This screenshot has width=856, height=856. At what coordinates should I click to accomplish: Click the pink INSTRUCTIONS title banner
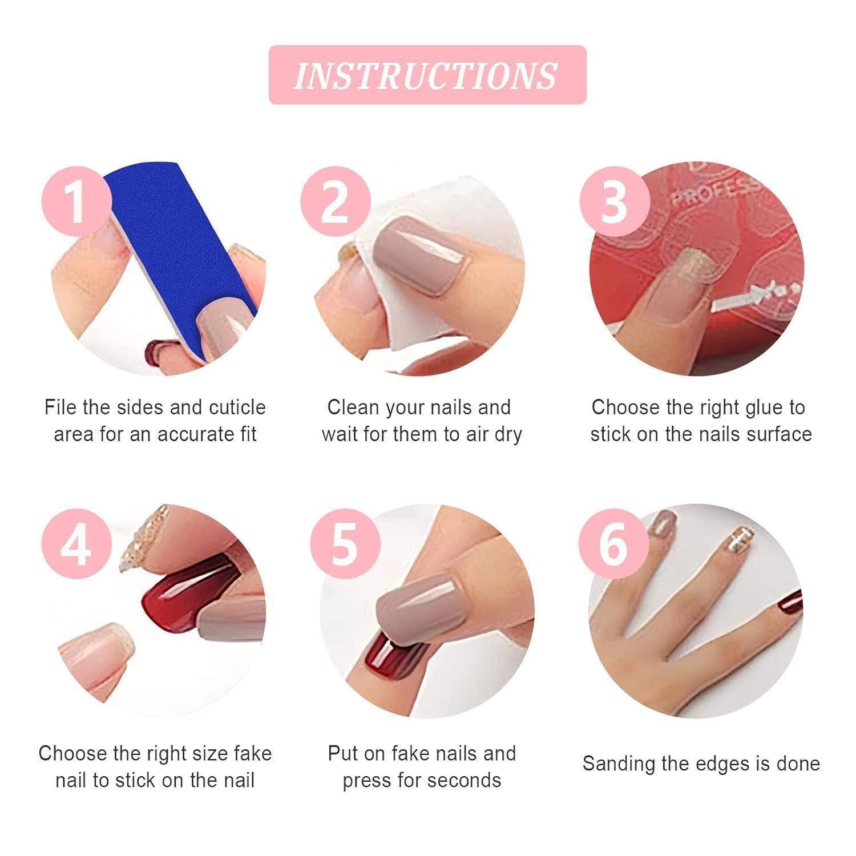pyautogui.click(x=427, y=75)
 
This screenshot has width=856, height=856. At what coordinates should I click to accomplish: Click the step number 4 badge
pyautogui.click(x=76, y=546)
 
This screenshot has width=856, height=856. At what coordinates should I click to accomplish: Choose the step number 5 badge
pyautogui.click(x=345, y=546)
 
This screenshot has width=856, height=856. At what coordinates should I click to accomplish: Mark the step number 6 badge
pyautogui.click(x=615, y=546)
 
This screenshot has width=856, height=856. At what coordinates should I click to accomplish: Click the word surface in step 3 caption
pyautogui.click(x=778, y=434)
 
